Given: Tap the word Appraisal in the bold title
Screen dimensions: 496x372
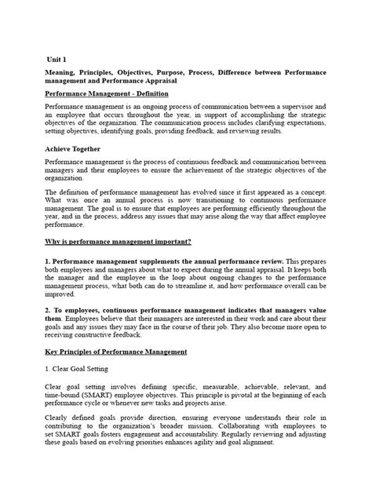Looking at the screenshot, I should click(x=156, y=80).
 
